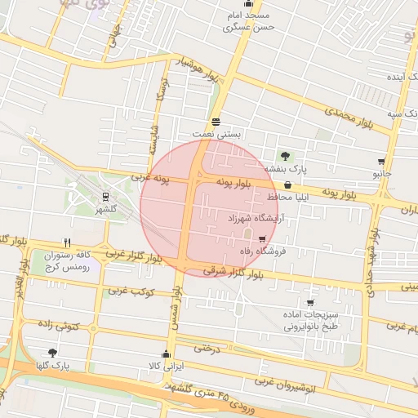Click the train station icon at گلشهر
coord(105,197)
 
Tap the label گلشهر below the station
coord(105,210)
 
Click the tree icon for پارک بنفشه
coord(285,156)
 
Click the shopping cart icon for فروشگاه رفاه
coord(262,239)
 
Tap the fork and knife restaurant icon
coord(67,242)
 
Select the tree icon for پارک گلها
coord(53,353)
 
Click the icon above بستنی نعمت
coord(214,122)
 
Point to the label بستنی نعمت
coord(214,133)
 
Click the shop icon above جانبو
coord(381,162)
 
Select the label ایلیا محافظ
coord(285,198)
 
